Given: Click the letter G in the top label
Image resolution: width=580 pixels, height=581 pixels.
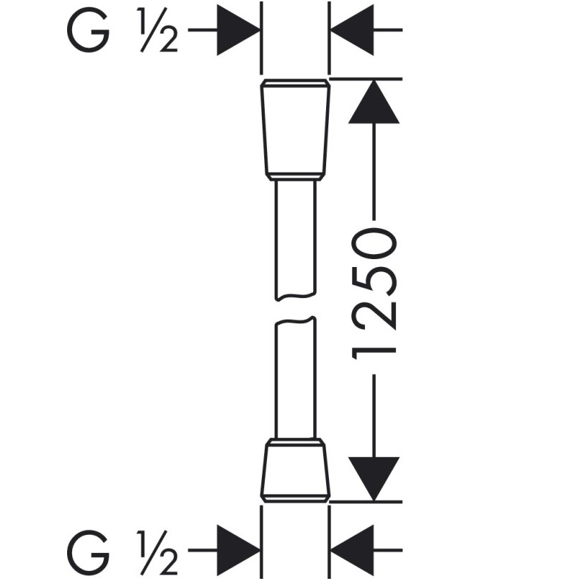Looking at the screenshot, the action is tap(89, 30).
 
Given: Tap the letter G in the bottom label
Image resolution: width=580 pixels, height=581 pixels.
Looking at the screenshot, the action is tap(89, 552).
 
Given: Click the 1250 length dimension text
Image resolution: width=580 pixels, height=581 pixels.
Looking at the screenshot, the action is tap(374, 294).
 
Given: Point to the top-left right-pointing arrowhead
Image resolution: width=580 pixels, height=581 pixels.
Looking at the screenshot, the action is tap(238, 30).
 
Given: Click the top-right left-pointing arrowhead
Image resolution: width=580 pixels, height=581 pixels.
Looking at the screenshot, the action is tap(352, 30).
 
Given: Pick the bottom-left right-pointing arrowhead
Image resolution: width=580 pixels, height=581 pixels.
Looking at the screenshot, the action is tap(238, 550).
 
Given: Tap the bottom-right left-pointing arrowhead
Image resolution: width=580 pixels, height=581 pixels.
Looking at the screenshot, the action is tap(352, 550).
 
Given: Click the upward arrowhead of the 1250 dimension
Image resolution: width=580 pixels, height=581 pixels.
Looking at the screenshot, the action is tap(374, 102).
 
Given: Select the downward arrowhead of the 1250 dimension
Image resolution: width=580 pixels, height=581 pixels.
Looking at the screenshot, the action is tap(374, 479).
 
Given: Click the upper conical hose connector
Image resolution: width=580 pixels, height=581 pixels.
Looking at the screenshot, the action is tap(295, 130).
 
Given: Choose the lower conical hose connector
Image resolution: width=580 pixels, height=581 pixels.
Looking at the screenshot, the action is tap(295, 471).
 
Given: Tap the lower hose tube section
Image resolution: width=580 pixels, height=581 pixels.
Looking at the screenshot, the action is tap(295, 378).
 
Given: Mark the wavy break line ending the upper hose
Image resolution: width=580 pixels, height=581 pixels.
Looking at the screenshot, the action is tap(295, 297).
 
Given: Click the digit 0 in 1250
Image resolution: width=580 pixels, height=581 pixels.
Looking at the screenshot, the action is tap(374, 243).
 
